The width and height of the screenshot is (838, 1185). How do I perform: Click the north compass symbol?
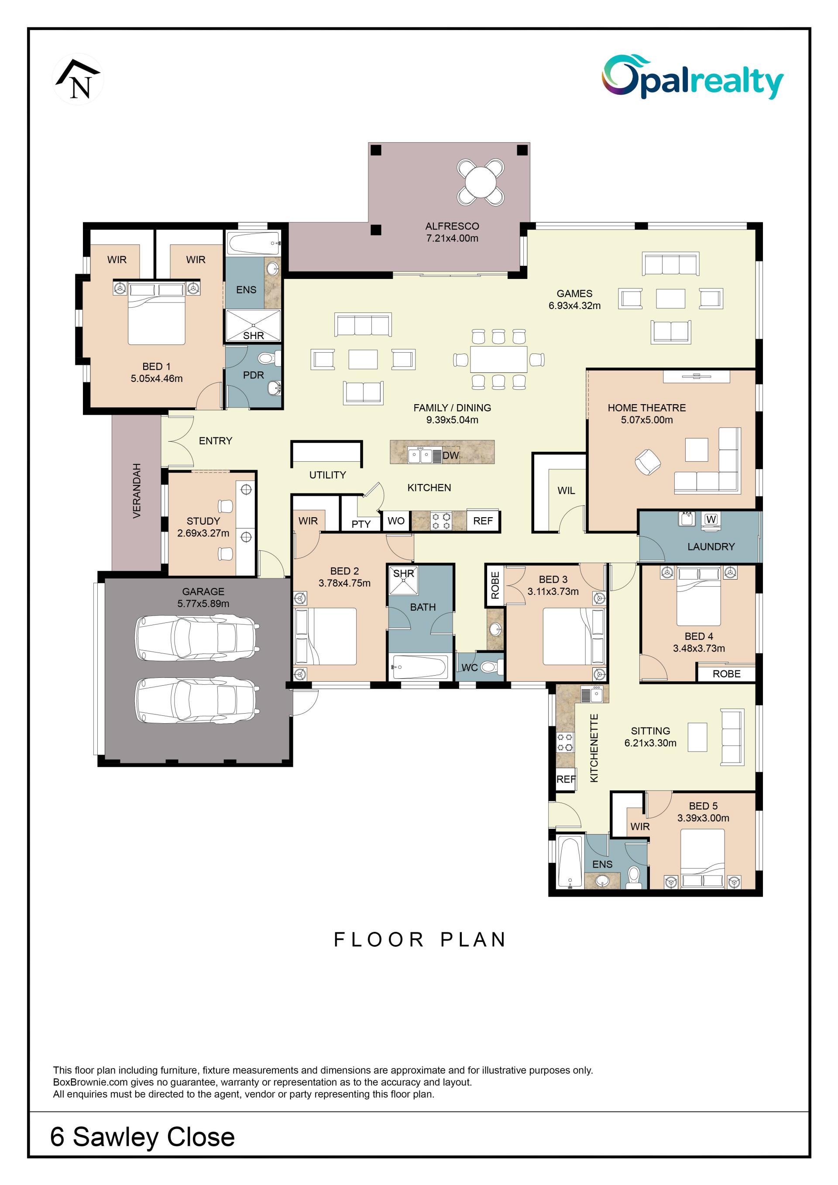(79, 79)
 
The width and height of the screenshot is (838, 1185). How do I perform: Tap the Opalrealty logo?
(693, 77)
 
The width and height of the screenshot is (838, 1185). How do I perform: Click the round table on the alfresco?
(481, 182)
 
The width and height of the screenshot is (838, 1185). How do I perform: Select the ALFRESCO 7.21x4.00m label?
(452, 232)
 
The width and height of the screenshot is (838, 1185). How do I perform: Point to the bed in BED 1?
(156, 313)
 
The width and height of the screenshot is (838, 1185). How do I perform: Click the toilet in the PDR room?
(268, 358)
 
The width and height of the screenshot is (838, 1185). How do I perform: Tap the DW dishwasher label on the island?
(450, 455)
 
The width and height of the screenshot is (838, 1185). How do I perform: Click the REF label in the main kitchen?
(483, 521)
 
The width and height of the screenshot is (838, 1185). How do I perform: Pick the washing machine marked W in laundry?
(711, 519)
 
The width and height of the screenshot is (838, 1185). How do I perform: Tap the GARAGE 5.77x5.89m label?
(203, 597)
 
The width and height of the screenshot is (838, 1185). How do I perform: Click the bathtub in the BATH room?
(419, 667)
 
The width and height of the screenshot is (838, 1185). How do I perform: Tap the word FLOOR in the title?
(379, 940)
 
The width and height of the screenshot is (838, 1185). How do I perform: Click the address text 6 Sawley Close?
(142, 1137)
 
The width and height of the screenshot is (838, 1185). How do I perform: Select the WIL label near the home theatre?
(566, 490)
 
